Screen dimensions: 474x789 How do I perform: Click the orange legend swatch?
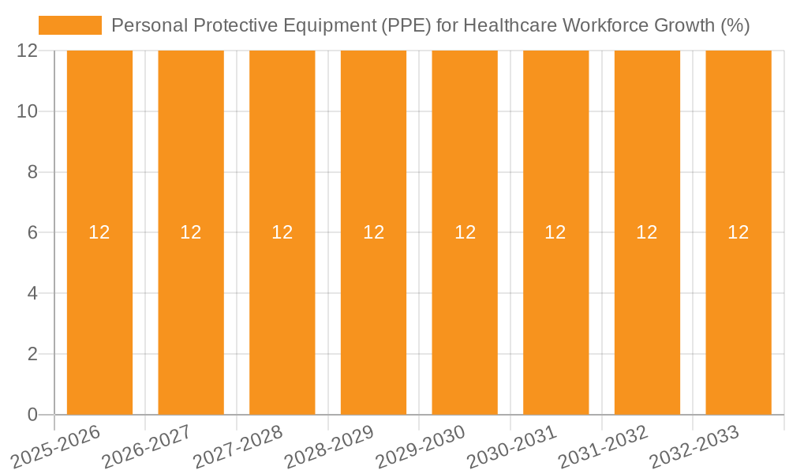pyautogui.click(x=70, y=25)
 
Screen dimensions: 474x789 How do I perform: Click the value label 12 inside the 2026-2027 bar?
pyautogui.click(x=191, y=232)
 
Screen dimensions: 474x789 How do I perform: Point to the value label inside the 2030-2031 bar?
pyautogui.click(x=555, y=232)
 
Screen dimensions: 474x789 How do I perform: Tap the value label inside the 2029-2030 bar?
pyautogui.click(x=465, y=232)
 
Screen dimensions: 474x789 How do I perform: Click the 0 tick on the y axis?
pyautogui.click(x=32, y=415)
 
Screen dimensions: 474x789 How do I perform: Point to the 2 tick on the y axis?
pyautogui.click(x=32, y=354)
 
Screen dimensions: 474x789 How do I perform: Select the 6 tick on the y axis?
pyautogui.click(x=32, y=232)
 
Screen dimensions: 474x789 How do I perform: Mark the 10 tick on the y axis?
pyautogui.click(x=28, y=111)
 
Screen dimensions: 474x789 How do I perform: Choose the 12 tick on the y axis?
pyautogui.click(x=28, y=51)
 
